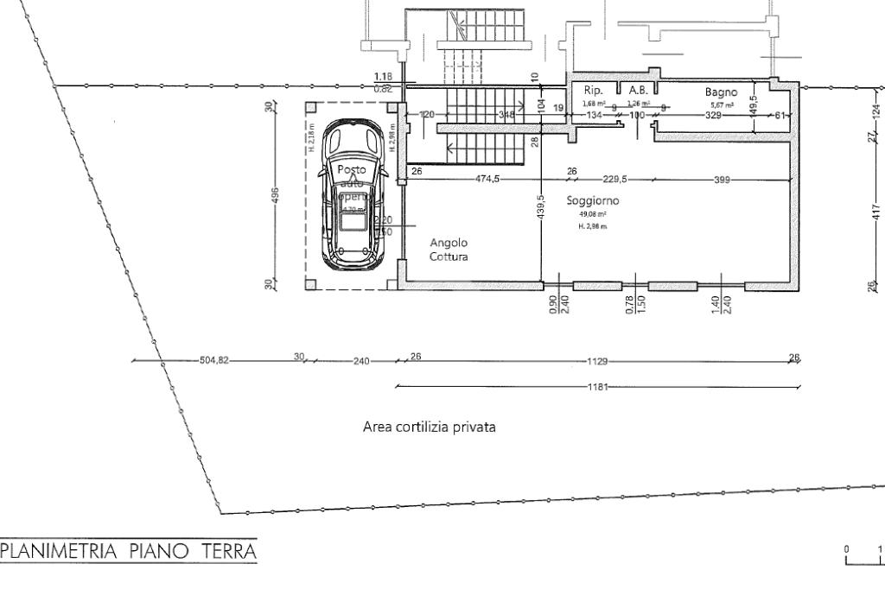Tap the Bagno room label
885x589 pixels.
coord(719,91)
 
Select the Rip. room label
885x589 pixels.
coord(593,90)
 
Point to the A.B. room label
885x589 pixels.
coord(639,90)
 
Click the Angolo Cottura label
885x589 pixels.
coord(449,249)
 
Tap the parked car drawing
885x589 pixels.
coord(352,194)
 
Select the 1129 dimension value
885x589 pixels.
coord(597,362)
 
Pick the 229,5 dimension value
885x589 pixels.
coord(614,179)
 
